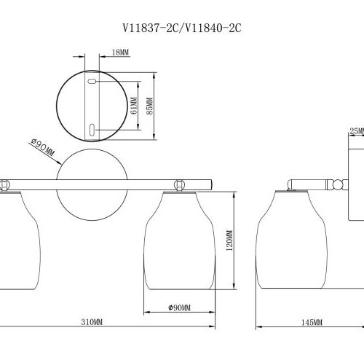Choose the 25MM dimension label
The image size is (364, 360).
[355, 131]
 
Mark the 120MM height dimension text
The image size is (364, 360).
[229, 243]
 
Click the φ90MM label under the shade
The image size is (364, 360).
[178, 308]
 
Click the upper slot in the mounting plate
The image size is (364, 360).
[92, 85]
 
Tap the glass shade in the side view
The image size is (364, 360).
[292, 240]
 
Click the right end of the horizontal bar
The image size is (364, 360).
[209, 181]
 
